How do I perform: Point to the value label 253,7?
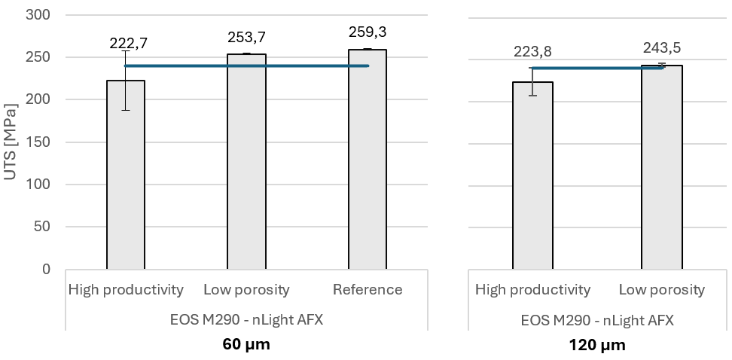click(246, 37)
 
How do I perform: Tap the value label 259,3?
click(368, 32)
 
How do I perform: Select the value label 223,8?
click(533, 51)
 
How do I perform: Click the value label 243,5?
click(662, 48)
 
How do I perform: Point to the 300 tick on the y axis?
click(38, 15)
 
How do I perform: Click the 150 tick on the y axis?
click(38, 142)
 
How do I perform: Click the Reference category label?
click(368, 290)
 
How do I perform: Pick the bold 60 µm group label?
click(246, 346)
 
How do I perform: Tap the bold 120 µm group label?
click(597, 346)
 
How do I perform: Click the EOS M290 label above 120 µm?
click(597, 320)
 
